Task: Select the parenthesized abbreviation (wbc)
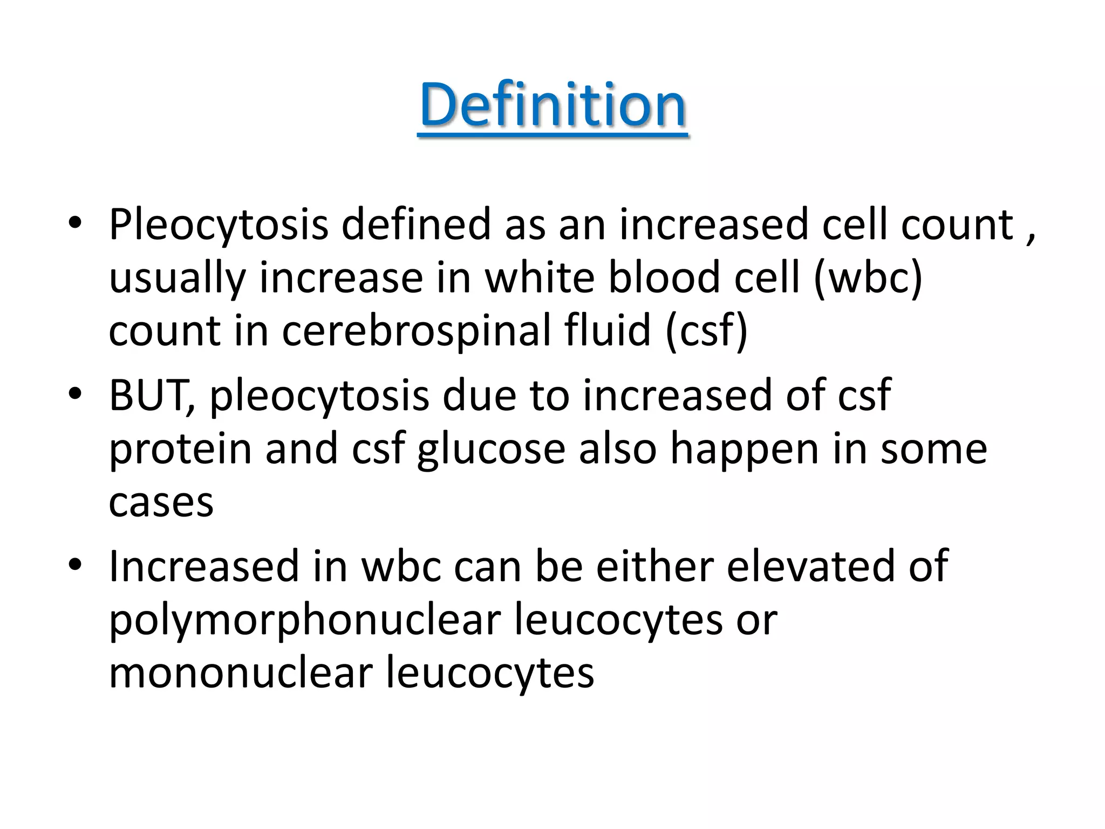click(868, 278)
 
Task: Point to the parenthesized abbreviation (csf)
click(707, 330)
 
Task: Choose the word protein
click(180, 450)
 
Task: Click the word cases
click(161, 502)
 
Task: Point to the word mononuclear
click(241, 673)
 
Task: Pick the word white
click(539, 278)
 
